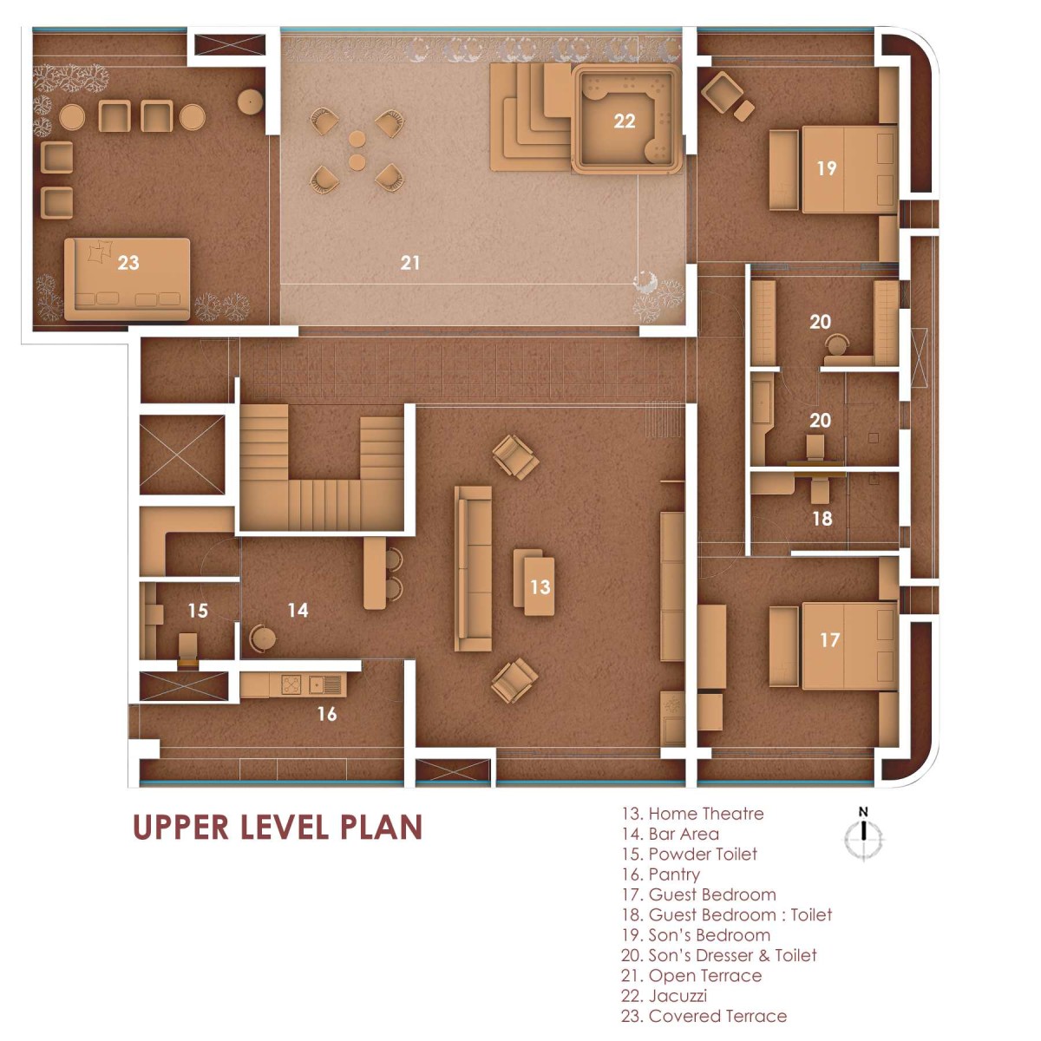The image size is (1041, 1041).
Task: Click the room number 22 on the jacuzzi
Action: pos(624,121)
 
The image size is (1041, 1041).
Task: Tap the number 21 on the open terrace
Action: pos(410,263)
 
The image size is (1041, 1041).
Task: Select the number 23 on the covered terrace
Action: pos(128,263)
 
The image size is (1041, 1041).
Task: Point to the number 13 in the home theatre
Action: pos(540,586)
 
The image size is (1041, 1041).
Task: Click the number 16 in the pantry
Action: pos(327,714)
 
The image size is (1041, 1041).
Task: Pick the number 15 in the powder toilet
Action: pos(198,611)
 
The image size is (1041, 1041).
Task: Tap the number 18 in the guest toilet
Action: pos(822,519)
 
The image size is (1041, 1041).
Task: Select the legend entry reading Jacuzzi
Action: pos(664,996)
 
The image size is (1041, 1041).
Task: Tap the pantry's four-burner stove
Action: pos(292,684)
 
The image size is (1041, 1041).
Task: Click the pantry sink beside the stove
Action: pos(325,685)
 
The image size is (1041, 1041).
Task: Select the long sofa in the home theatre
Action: pos(473,568)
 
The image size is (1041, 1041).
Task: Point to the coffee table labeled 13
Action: pos(534,581)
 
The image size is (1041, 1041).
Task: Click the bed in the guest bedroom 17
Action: pos(849,646)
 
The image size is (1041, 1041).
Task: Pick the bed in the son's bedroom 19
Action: pos(849,169)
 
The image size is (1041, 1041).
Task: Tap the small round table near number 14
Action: pos(263,638)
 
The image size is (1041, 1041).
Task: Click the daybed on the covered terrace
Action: pos(128,278)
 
